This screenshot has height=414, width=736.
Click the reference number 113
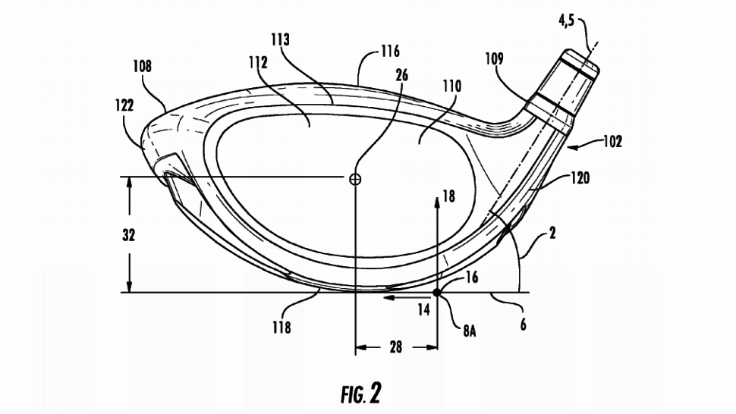point(280,40)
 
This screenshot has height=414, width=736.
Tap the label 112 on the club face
point(258,62)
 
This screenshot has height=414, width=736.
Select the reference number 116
point(390,51)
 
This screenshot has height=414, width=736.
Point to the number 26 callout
point(402,76)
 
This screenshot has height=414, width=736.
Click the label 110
point(451,86)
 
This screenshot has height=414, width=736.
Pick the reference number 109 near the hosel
point(494,58)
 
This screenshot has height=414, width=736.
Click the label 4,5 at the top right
point(566,21)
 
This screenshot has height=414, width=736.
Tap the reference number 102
point(612,141)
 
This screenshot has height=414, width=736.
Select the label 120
point(580,178)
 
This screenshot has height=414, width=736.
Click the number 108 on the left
point(142,66)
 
